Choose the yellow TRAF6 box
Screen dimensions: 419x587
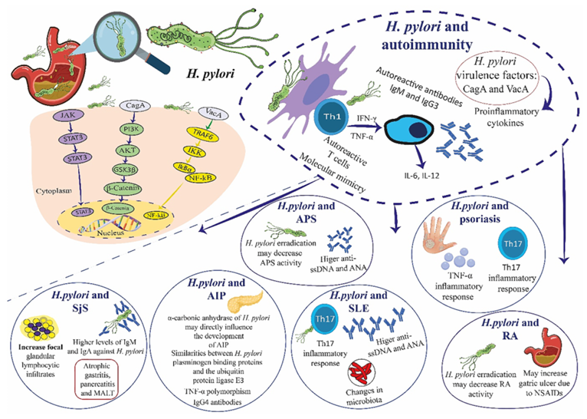coord(200,133)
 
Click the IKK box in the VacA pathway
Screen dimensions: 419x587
coord(200,151)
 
